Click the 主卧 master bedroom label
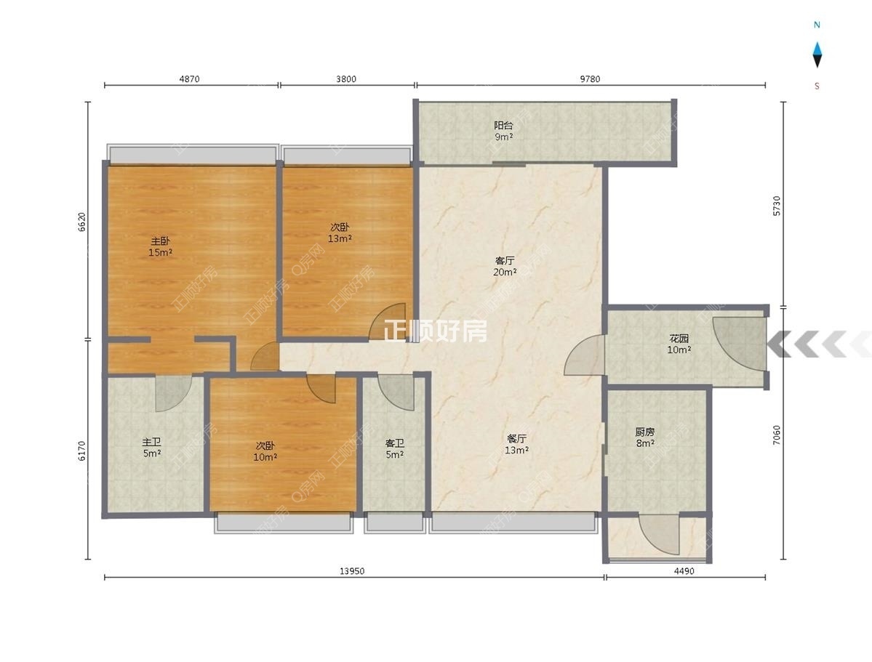pos(160,241)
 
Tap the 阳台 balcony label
pos(503,126)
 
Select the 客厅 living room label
pos(505,261)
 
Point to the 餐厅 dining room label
pos(516,439)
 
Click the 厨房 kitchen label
pos(644,432)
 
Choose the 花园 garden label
pos(679,338)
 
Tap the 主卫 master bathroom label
pos(152,442)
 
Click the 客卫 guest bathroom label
pos(394,443)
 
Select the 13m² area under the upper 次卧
pos(340,239)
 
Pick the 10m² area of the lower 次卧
pos(265,457)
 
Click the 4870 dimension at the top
pos(189,79)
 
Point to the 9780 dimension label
pos(590,79)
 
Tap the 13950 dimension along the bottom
pos(352,571)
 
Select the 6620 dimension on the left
pos(81,222)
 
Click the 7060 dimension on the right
pos(777,435)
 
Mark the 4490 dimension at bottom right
pos(684,571)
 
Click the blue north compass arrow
pos(817,55)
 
